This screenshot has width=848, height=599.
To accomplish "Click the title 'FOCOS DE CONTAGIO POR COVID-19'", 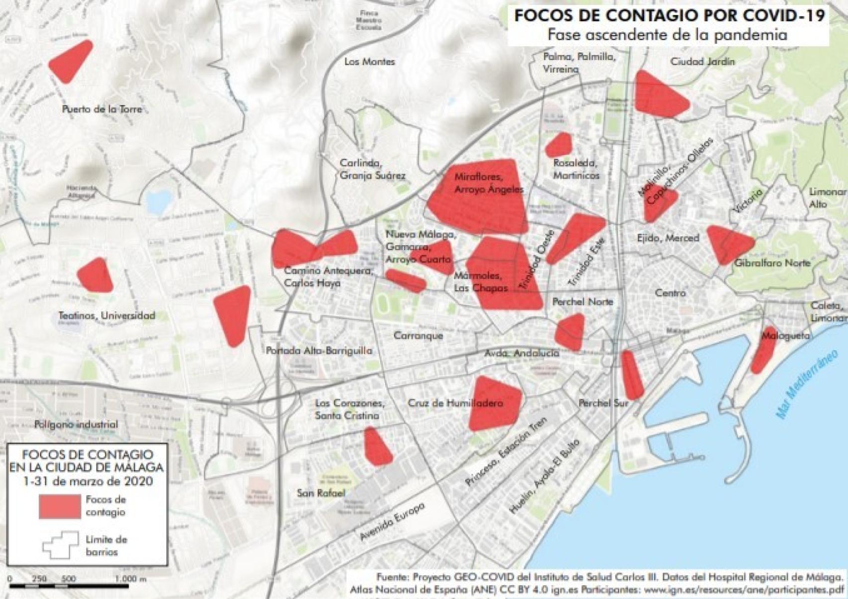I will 669,15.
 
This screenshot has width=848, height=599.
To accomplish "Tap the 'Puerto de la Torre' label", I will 102,109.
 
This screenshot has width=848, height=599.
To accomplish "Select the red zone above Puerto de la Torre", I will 71,61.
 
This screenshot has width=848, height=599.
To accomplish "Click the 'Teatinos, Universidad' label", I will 107,315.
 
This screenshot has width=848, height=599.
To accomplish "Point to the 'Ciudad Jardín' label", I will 702,62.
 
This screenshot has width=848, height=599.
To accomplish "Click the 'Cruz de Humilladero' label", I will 455,403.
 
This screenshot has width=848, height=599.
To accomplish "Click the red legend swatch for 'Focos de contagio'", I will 60,506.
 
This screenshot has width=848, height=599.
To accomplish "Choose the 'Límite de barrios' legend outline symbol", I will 61,545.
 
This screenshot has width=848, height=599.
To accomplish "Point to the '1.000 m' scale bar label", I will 131,579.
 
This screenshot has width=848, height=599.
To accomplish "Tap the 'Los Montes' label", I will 369,62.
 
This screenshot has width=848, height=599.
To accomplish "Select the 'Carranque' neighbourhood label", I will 418,336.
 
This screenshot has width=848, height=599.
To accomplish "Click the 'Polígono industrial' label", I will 76,424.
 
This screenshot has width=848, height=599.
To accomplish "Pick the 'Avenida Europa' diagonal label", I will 392,521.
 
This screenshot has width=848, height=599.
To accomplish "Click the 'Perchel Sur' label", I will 603,403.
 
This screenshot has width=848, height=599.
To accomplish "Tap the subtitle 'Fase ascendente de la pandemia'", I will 668,35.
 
